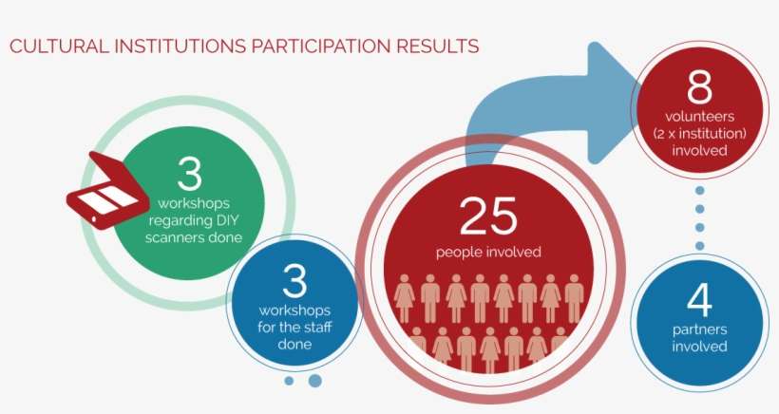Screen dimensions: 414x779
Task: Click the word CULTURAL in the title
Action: pyautogui.click(x=49, y=46)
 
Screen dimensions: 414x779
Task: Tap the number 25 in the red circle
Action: pyautogui.click(x=488, y=216)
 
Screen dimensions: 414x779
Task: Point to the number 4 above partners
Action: pyautogui.click(x=698, y=300)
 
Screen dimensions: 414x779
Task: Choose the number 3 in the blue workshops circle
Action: pyautogui.click(x=296, y=282)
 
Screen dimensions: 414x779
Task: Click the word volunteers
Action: pyautogui.click(x=699, y=117)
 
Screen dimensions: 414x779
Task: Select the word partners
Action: pyautogui.click(x=699, y=330)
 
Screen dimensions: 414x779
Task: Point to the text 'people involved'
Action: pyautogui.click(x=488, y=252)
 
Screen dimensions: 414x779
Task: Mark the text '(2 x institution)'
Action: pyautogui.click(x=699, y=133)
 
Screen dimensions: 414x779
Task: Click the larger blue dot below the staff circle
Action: pyautogui.click(x=315, y=381)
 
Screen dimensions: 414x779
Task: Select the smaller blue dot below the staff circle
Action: pyautogui.click(x=289, y=381)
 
